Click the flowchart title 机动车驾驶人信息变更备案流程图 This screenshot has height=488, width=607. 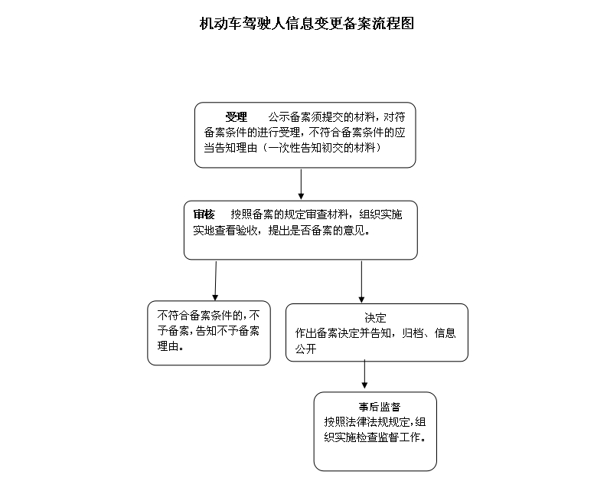307,24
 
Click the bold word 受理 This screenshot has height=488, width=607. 237,117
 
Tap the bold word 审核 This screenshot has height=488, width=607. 204,215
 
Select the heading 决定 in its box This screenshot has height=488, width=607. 376,318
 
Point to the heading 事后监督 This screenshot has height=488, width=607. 380,407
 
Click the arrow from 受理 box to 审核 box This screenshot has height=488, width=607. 301,184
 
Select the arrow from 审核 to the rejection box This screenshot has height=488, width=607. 216,281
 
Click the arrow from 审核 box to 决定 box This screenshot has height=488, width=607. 361,282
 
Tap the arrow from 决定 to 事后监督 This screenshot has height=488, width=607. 364,374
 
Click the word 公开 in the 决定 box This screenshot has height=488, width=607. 306,349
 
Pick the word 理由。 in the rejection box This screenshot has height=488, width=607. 171,346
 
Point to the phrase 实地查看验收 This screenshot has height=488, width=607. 225,231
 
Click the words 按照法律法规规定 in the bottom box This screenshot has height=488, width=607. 367,422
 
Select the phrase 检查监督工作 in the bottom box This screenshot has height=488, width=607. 389,437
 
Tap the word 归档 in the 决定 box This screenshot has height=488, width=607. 413,333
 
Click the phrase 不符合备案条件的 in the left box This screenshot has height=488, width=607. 200,316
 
